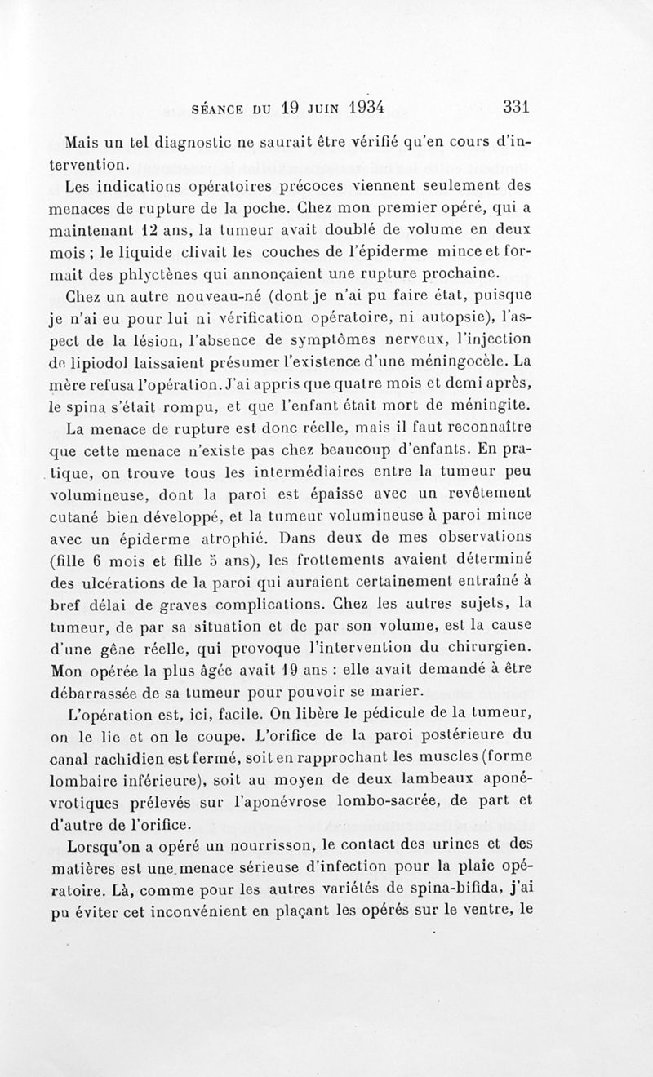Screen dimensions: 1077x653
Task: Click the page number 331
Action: coord(518,107)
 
